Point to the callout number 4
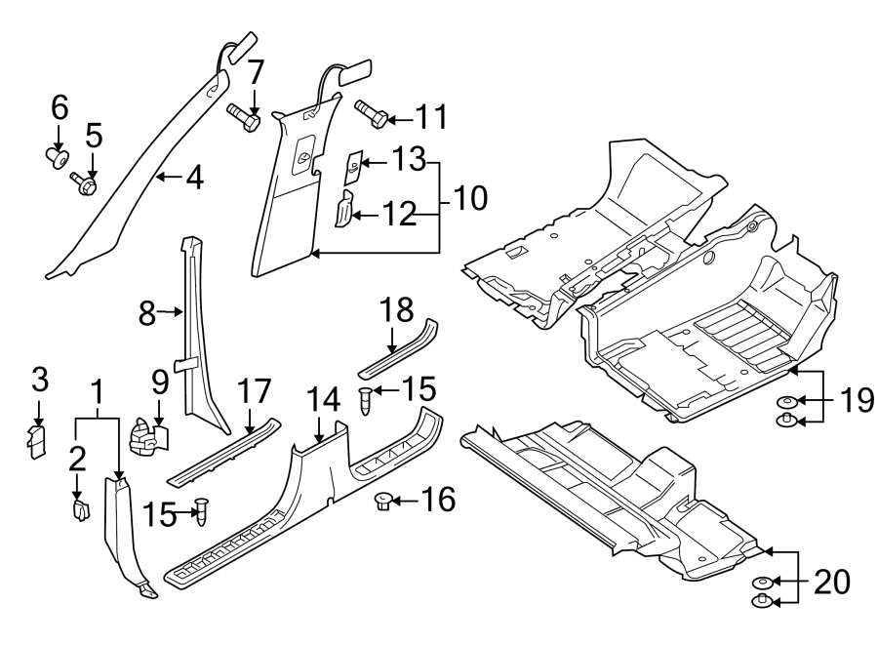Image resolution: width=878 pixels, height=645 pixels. (194, 178)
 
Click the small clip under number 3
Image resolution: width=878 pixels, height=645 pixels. (38, 440)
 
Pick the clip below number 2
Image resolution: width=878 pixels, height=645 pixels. (81, 508)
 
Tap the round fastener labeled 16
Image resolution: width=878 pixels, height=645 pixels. (382, 502)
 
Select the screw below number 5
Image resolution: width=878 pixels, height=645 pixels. (84, 181)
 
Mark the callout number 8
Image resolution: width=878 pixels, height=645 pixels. (147, 312)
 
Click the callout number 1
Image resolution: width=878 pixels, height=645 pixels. (97, 392)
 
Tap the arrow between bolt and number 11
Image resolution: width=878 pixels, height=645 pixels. (396, 120)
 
